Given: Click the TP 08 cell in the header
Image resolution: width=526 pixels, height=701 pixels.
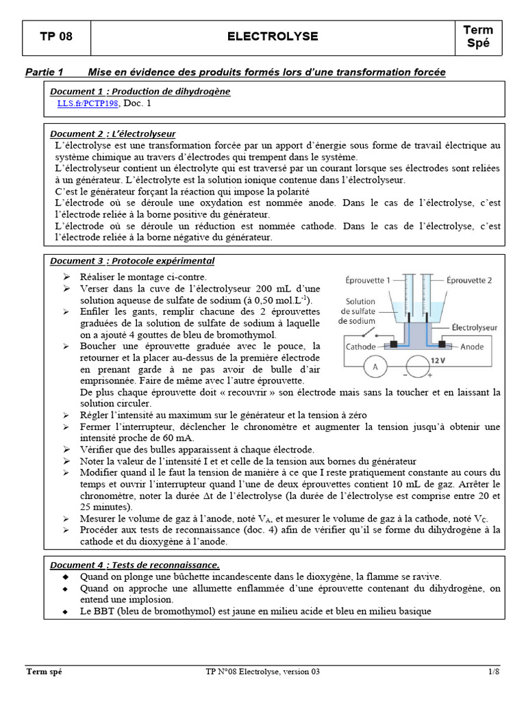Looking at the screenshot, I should point(56,37).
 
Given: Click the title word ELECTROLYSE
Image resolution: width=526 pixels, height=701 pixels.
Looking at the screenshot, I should point(273,37).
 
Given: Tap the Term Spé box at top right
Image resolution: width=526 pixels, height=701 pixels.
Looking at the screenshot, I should point(477,37).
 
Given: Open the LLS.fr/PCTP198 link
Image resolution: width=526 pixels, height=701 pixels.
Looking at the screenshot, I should point(88,103).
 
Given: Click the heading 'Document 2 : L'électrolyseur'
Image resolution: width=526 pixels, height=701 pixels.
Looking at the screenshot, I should point(113,133).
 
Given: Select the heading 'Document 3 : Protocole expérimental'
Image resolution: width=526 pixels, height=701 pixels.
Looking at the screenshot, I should point(132,261).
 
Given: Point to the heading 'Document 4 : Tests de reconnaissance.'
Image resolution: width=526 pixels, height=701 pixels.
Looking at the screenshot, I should point(135,565).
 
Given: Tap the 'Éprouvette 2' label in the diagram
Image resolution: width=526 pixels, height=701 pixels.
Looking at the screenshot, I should point(470,280).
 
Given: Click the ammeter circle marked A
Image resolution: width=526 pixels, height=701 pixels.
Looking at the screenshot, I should point(375,368).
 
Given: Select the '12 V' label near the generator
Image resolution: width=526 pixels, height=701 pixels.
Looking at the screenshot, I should point(438,359).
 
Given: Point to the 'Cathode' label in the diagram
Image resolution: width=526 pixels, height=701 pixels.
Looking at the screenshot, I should point(361,347).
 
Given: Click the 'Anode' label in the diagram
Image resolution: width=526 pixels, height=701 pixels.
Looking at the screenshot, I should point(472,347).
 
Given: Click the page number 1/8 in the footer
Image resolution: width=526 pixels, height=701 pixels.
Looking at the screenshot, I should point(494,672).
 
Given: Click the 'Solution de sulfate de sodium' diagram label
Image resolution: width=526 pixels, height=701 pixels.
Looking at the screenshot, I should point(360,311).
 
